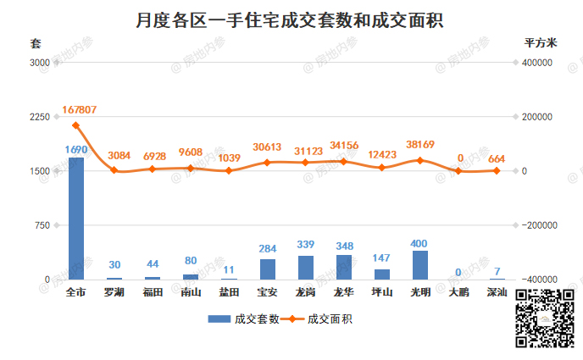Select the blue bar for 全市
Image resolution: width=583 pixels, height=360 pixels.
click(x=75, y=218)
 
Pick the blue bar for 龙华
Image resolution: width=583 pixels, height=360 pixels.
click(x=343, y=267)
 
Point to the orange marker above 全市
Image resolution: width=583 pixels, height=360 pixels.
click(x=75, y=125)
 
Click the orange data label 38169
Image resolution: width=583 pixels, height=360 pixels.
click(x=420, y=144)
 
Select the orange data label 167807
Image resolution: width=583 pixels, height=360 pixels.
click(x=79, y=110)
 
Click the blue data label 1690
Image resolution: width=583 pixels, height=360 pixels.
click(x=76, y=149)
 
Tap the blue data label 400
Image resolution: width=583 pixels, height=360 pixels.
click(x=420, y=243)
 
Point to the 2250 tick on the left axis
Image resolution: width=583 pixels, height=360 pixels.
click(x=40, y=117)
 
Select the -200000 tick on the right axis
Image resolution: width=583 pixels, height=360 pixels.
click(x=536, y=225)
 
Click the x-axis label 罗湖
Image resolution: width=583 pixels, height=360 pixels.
click(x=114, y=293)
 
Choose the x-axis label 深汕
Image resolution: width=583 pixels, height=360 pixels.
click(x=497, y=293)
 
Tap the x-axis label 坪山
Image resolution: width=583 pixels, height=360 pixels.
click(x=382, y=293)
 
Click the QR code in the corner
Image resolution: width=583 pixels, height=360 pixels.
click(x=546, y=318)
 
